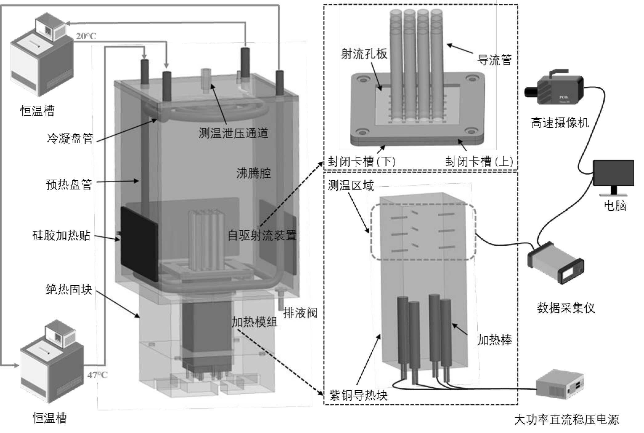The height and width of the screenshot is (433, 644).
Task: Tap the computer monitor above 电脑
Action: tap(613, 174)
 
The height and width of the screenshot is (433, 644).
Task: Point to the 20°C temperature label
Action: tap(86, 36)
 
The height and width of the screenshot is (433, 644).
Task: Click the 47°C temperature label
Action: tap(97, 375)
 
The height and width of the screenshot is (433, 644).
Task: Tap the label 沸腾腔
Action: tap(253, 173)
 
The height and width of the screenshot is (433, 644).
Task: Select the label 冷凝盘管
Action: tap(70, 138)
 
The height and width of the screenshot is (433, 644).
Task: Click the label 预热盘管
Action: tap(69, 185)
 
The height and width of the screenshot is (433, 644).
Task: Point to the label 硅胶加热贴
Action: tap(61, 235)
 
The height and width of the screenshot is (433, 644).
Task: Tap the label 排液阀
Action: tap(300, 313)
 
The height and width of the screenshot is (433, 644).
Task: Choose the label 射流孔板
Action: tap(364, 54)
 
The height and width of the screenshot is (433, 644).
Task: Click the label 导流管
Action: tap(494, 60)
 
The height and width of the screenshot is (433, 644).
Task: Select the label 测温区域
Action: tap(350, 185)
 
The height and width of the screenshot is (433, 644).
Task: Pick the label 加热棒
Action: tap(495, 340)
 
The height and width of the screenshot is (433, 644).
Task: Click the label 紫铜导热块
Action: tap(358, 395)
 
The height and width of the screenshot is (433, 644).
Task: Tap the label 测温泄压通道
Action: tap(233, 133)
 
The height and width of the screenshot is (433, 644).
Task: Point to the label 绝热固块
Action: tap(69, 289)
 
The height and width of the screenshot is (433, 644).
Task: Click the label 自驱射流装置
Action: tap(262, 236)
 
